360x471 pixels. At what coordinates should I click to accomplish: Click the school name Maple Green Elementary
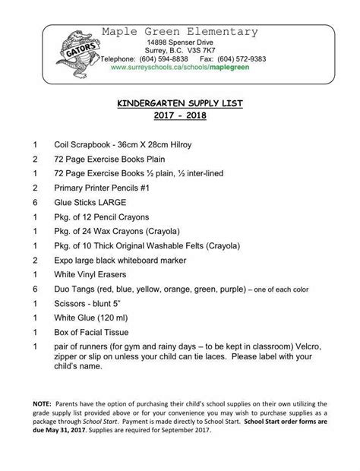click(x=180, y=31)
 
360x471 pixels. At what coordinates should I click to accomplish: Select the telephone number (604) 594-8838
click(x=165, y=58)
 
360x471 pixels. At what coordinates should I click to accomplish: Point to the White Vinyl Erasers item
click(x=91, y=274)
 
